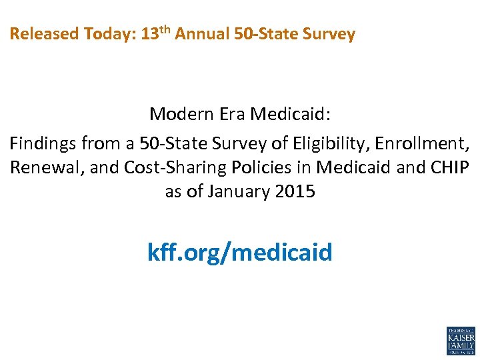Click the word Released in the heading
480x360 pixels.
point(45,34)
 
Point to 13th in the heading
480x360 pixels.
point(157,33)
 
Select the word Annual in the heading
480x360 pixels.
point(203,34)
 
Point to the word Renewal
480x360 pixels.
point(47,167)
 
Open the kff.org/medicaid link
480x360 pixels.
point(239,253)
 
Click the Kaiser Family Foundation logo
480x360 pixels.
point(460,341)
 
